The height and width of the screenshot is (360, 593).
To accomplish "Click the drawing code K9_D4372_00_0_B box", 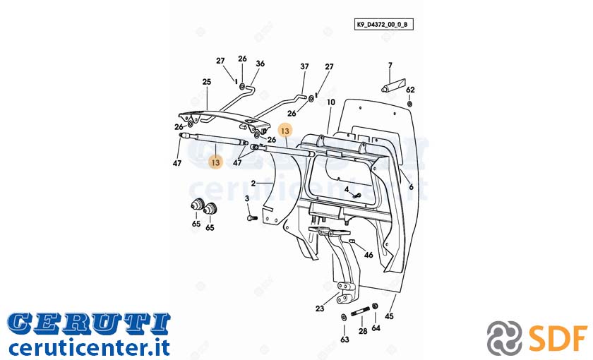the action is tap(383, 25).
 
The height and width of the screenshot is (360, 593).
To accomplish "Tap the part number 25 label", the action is tap(206, 82).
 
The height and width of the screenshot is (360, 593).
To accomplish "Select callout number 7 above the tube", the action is tap(390, 66).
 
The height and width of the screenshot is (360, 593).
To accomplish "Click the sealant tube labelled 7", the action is tap(393, 85).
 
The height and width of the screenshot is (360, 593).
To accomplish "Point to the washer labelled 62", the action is tap(409, 104).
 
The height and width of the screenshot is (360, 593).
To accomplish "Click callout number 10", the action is tap(331, 102).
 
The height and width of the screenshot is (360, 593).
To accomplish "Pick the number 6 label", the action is tap(411, 187).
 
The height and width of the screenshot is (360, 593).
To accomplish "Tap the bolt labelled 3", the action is tap(252, 218).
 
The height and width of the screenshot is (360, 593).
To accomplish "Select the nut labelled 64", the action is tap(375, 306).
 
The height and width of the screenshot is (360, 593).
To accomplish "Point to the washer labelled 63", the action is tap(343, 316).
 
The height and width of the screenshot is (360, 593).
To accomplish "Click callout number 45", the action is tap(389, 316).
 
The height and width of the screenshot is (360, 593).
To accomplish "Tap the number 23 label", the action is tap(320, 308).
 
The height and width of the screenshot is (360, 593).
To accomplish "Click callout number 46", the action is tap(369, 256).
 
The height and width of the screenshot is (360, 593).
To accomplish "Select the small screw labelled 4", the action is tap(357, 196).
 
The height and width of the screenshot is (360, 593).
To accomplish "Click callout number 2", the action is tap(253, 184).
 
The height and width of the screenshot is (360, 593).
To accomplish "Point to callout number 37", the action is tap(304, 66).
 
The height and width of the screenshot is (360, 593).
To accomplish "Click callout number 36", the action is tap(260, 64).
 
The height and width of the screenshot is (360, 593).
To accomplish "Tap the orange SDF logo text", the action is tap(558, 337).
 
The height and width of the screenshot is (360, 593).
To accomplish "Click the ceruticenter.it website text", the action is tap(89, 347).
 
